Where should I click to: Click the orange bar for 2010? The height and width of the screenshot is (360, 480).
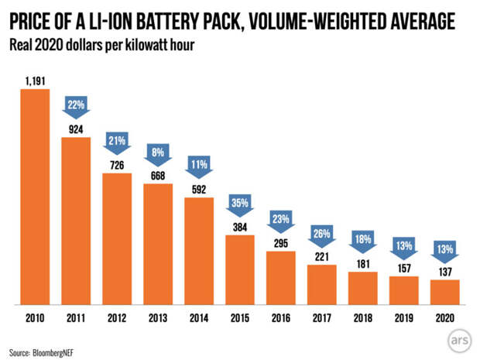pos(35,197)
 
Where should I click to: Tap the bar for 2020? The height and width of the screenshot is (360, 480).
pos(444,292)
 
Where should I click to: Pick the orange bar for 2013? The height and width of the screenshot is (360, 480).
pos(158,244)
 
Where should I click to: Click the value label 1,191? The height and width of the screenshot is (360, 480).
pos(35,80)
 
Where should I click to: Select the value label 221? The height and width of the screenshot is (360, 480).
pos(321,256)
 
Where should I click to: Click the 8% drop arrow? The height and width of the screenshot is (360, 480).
pos(158,153)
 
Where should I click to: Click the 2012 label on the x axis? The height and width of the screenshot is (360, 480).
pos(117,318)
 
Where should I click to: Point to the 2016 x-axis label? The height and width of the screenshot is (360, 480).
pos(281,318)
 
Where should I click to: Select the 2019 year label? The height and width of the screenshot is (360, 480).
pos(403,318)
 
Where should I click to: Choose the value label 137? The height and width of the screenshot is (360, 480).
pos(444,272)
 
